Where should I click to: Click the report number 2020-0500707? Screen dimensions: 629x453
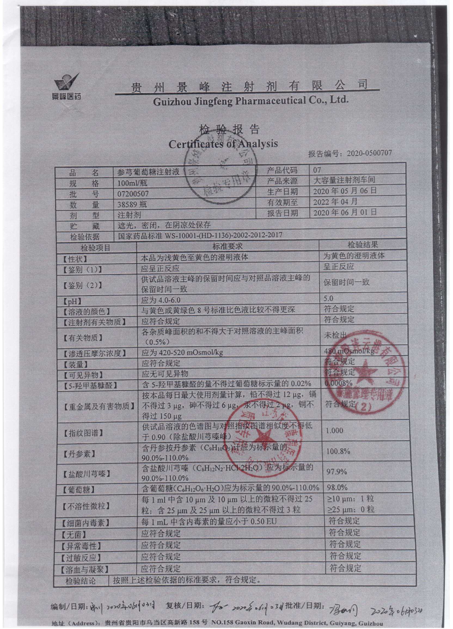(x=369, y=153)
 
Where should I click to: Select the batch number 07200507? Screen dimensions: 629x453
(x=133, y=194)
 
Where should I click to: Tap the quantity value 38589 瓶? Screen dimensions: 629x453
(x=130, y=204)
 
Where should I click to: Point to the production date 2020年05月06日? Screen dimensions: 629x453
(x=345, y=191)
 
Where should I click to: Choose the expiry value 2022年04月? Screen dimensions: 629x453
(x=335, y=202)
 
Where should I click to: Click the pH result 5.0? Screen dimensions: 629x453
(x=329, y=299)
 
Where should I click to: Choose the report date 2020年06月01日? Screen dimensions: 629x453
(x=345, y=212)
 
